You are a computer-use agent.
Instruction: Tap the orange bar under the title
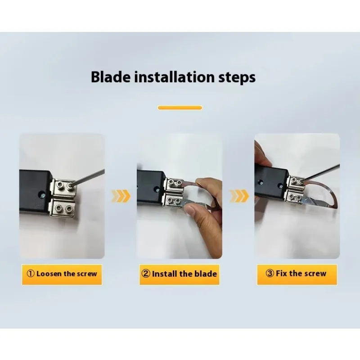pos(180,108)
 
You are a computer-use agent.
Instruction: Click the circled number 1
pos(30,274)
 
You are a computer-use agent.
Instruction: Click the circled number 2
pos(146,274)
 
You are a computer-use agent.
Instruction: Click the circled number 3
pos(270,273)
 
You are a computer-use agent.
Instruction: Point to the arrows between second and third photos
pos(239,196)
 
